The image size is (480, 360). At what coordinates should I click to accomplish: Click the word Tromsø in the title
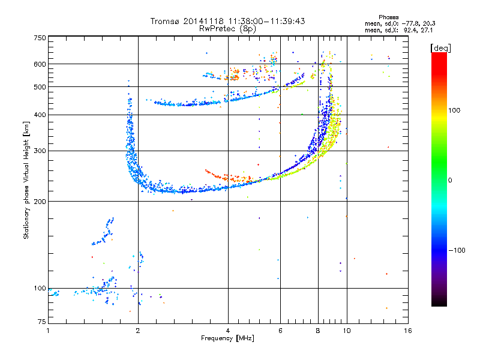[166, 21]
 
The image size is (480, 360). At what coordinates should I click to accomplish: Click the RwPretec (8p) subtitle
[227, 29]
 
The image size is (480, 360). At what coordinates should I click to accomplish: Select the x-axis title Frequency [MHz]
[227, 338]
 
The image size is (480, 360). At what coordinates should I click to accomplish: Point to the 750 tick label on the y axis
[40, 38]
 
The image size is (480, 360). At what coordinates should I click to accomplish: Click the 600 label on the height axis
[40, 64]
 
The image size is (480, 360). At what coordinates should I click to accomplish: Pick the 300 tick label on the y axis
[40, 151]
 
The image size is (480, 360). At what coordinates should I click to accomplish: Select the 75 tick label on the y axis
[42, 322]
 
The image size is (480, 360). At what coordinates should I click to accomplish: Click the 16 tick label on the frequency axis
[408, 331]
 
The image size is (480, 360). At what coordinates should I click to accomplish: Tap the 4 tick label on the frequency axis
[228, 331]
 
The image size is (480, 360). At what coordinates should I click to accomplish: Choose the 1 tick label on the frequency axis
[48, 331]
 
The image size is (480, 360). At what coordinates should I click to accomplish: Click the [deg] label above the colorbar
[440, 48]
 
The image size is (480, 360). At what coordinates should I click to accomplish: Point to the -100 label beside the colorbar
[457, 250]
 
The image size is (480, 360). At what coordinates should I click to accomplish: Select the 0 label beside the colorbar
[450, 181]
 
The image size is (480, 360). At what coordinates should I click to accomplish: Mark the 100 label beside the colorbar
[454, 110]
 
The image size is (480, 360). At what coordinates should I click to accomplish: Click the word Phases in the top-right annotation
[388, 17]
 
